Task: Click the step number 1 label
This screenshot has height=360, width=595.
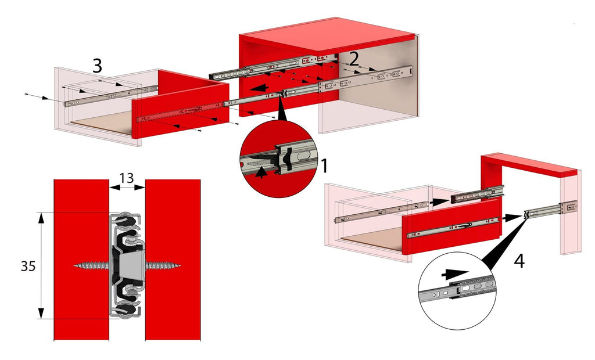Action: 324,167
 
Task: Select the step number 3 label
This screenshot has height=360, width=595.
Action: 98,66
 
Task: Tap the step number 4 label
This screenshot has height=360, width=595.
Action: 519,261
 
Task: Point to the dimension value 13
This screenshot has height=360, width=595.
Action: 127,177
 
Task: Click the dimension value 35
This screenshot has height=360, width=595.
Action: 27,267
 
